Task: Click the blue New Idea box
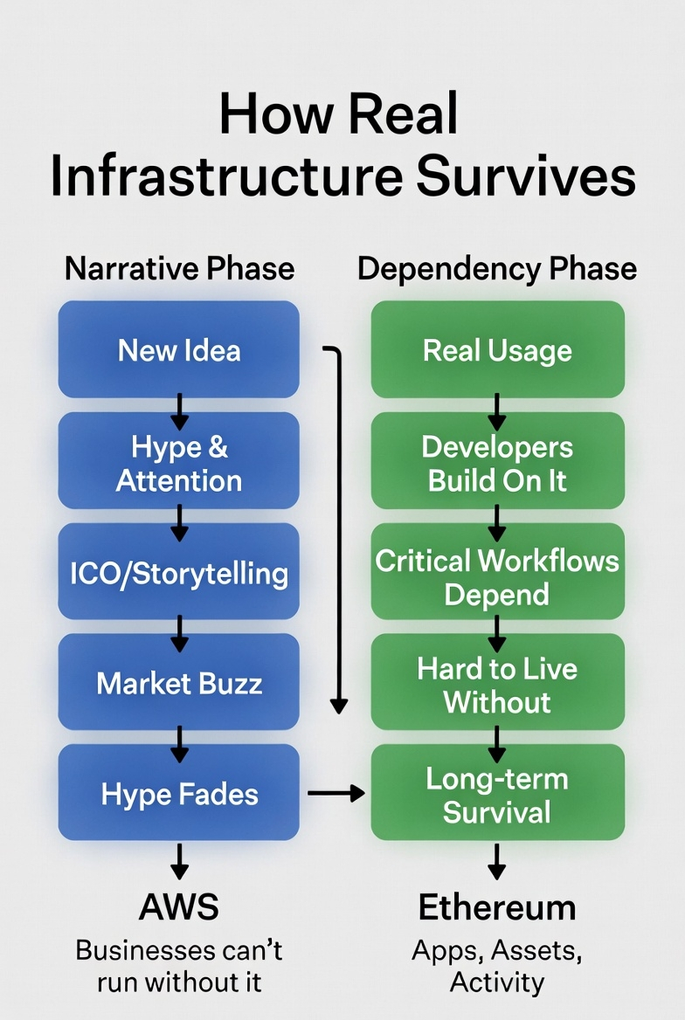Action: (178, 349)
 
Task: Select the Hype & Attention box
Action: (178, 460)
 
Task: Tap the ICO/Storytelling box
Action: (178, 572)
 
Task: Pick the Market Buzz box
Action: (178, 682)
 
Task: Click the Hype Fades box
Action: (178, 793)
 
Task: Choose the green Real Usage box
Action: (497, 349)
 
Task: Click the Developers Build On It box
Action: (497, 460)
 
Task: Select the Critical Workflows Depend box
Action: (497, 572)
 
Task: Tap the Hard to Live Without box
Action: (497, 682)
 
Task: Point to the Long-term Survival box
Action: (497, 793)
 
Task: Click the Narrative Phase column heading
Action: (180, 269)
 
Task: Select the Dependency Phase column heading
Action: (497, 269)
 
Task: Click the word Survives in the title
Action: (526, 176)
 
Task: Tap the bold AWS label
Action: (179, 906)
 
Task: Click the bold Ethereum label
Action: (497, 907)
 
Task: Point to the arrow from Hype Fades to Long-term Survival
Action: (336, 793)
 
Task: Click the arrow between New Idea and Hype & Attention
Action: (179, 412)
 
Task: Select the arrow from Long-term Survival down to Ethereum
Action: (497, 862)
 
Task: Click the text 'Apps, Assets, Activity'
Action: (497, 967)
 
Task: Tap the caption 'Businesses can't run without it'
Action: (179, 967)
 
